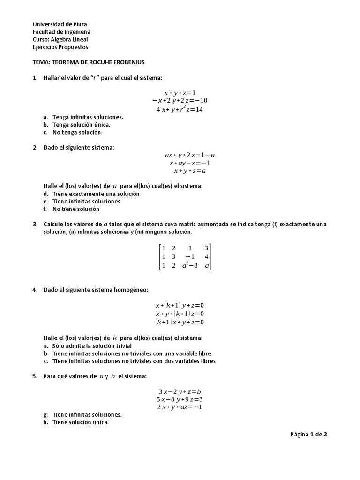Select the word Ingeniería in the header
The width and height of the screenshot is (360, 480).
point(75,32)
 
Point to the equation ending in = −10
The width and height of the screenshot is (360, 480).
point(180,101)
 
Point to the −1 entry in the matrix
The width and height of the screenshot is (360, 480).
point(190,256)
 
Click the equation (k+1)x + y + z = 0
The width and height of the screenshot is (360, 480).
point(180,322)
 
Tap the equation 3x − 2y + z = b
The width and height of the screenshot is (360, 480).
point(180,391)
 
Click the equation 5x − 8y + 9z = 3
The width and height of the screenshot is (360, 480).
point(180,399)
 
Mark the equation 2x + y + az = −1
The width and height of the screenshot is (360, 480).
point(180,407)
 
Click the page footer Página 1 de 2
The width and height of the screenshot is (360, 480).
point(308,435)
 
